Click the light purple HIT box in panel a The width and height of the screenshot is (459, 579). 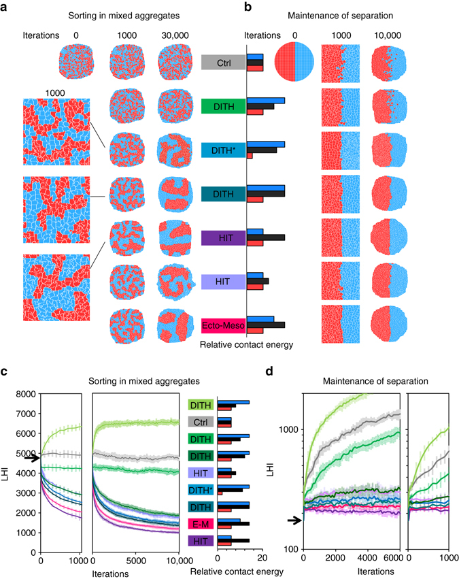point(222,282)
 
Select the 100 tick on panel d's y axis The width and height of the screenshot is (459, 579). point(290,548)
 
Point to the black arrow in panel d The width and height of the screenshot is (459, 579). point(293,520)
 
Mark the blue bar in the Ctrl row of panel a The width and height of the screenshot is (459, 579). point(255,57)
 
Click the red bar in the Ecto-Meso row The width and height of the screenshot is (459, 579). point(255,331)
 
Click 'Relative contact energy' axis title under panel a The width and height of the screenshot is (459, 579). point(246,345)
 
